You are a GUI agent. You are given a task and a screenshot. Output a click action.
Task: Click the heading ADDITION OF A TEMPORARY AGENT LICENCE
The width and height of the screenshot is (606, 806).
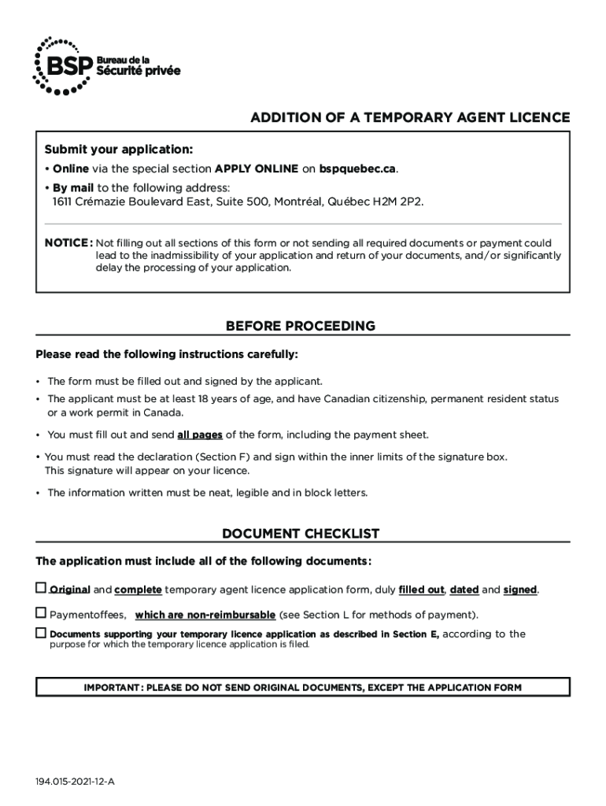pos(410,118)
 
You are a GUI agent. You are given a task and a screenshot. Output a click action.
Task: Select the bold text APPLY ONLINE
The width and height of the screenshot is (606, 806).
pos(257,169)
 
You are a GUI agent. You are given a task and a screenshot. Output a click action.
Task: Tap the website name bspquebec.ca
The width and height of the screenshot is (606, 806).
pos(357,169)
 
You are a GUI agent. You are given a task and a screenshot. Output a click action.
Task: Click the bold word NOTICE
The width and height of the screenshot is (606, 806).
pos(68,243)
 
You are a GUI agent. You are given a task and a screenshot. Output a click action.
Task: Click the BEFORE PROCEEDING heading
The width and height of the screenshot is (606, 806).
pos(301,326)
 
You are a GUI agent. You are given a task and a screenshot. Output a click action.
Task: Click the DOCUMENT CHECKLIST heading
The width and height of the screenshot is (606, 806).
pos(301,534)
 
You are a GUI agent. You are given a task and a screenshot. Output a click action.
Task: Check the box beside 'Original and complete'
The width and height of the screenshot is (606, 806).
pos(41,588)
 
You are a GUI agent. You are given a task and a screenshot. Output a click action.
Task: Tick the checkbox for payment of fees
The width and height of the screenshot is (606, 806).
pos(41,612)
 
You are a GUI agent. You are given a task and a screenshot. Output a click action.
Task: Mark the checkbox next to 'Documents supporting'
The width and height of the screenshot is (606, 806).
pos(41,633)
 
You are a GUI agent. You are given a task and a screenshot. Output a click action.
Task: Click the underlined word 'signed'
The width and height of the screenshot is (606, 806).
pos(519,590)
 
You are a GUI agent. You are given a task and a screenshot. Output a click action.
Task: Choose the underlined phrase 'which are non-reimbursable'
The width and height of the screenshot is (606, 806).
pos(205,615)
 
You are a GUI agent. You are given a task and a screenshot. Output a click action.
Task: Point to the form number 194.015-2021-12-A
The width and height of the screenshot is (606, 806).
pos(75,782)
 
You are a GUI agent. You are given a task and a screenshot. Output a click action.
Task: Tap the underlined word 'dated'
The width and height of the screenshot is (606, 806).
pos(464,590)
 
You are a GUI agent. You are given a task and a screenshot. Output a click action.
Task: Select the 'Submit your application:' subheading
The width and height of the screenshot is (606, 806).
pos(118,150)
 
